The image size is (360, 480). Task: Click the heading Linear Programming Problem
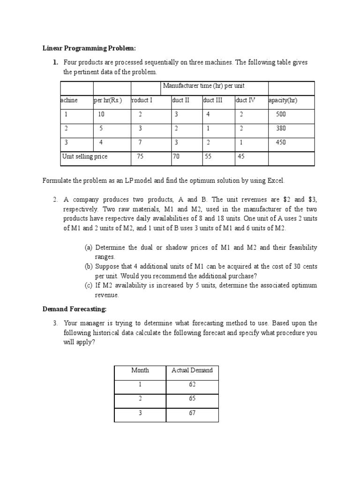click(x=89, y=48)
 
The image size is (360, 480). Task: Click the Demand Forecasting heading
click(x=75, y=309)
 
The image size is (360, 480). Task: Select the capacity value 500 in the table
click(x=281, y=114)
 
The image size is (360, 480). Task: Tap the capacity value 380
click(x=281, y=128)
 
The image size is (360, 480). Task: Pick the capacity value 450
click(x=281, y=142)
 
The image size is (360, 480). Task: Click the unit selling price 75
click(x=140, y=157)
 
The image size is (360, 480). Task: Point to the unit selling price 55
click(x=208, y=157)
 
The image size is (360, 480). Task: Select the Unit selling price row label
click(x=85, y=157)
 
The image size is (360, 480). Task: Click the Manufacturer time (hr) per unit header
click(x=203, y=86)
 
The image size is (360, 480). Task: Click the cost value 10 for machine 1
click(x=101, y=114)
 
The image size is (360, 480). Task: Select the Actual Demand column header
click(x=192, y=370)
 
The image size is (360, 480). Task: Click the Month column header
click(x=140, y=370)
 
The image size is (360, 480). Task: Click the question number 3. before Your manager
click(x=55, y=323)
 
